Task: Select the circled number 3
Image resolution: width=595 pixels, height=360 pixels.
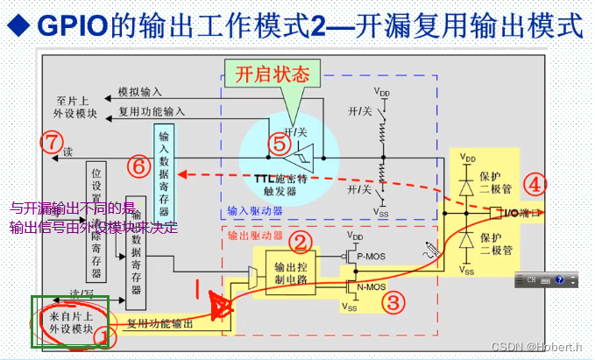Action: tap(394, 302)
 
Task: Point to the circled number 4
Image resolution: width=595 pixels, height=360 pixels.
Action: tap(535, 185)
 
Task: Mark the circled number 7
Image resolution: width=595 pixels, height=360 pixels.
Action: tap(53, 140)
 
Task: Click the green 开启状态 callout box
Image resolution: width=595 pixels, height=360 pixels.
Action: tap(274, 74)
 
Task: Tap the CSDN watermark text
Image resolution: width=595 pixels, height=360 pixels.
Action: tap(536, 347)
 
